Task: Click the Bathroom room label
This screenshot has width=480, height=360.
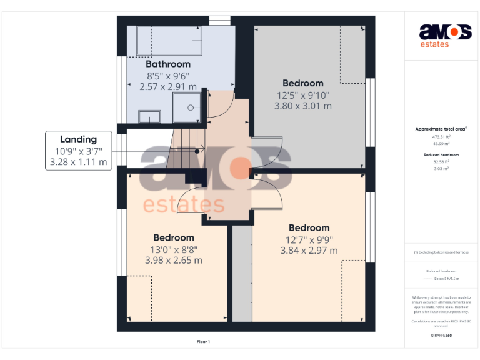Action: click(x=167, y=64)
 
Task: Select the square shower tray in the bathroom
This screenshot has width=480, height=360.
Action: click(x=188, y=107)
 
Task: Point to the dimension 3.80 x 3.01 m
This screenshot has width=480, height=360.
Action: click(x=302, y=106)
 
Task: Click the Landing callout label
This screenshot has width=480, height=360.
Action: click(x=78, y=139)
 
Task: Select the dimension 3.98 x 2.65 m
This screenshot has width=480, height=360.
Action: click(x=174, y=260)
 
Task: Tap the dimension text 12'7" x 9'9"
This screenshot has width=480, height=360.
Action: click(x=309, y=239)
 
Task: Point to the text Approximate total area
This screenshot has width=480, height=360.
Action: click(x=441, y=129)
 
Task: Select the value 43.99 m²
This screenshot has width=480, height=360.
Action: click(x=441, y=143)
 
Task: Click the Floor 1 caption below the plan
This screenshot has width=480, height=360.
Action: click(x=203, y=342)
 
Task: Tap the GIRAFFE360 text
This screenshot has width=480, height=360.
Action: click(x=441, y=336)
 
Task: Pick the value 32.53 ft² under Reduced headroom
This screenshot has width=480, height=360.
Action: click(x=441, y=161)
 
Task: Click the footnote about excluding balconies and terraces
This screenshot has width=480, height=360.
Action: click(x=441, y=252)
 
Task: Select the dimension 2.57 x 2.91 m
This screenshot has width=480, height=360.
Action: click(x=167, y=87)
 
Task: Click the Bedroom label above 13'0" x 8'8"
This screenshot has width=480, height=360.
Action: click(x=174, y=237)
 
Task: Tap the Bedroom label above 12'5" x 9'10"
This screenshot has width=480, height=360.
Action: click(x=302, y=83)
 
